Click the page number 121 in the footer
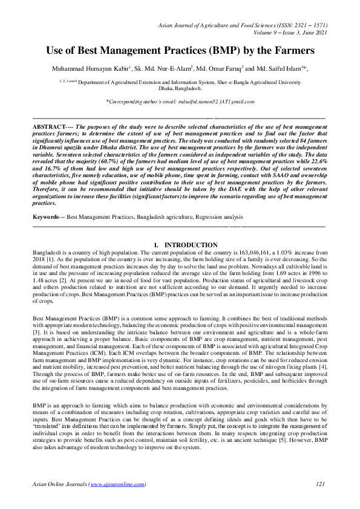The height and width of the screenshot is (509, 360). point(321,484)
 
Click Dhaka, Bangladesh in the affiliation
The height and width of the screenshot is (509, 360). point(180,88)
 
